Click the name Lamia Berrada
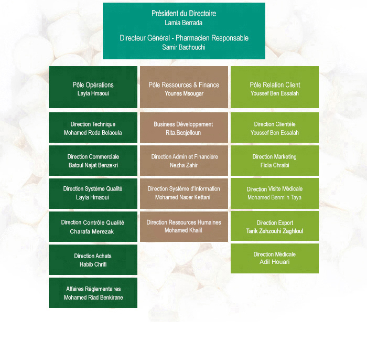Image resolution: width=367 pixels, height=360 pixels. [x=183, y=23]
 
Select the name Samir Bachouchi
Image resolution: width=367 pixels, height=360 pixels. [x=183, y=47]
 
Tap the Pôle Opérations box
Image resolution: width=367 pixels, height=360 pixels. [x=93, y=87]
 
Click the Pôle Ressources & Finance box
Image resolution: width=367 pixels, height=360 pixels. [x=184, y=87]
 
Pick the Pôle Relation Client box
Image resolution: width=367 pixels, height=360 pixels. [x=275, y=87]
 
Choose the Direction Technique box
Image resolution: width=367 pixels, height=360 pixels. [x=93, y=128]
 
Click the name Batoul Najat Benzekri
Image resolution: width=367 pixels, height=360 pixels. [x=93, y=165]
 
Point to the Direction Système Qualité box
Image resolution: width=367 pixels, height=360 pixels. [x=93, y=194]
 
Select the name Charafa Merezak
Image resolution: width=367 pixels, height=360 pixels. [x=92, y=231]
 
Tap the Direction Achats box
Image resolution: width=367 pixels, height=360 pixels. [x=93, y=260]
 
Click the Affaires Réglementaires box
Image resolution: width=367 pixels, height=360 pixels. [x=93, y=293]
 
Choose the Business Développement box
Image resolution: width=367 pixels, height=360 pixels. [x=184, y=128]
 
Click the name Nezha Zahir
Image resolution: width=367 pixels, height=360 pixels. [x=183, y=165]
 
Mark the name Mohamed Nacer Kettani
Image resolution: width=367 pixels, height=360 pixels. [x=183, y=197]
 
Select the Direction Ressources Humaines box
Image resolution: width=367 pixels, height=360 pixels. [x=184, y=227]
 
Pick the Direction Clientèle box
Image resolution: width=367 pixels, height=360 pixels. [x=275, y=128]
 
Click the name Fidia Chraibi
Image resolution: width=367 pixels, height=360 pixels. [x=275, y=165]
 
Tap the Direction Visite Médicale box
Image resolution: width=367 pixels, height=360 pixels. [x=275, y=193]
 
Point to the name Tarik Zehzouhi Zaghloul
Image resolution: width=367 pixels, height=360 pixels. [x=275, y=231]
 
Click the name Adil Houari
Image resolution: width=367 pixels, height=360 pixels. [x=275, y=262]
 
